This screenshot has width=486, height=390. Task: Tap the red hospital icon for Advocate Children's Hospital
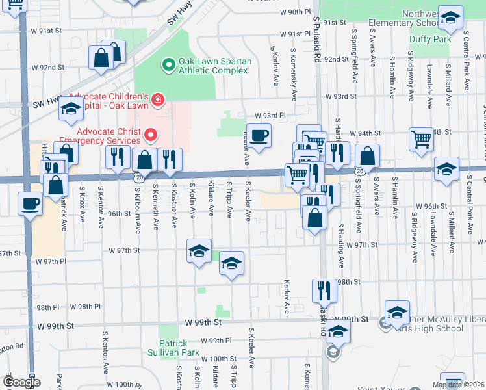(x=157, y=99)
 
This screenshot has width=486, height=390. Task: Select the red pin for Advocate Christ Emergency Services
(x=151, y=135)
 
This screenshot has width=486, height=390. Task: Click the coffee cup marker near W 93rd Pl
(x=259, y=135)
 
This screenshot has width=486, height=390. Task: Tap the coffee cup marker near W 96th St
(x=30, y=204)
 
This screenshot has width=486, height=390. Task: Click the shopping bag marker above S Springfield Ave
(x=367, y=156)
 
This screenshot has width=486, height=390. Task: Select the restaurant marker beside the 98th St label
(x=324, y=290)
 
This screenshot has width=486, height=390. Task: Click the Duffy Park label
(x=430, y=39)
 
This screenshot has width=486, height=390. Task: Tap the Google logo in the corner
(x=21, y=382)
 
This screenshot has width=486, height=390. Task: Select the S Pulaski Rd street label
(x=316, y=39)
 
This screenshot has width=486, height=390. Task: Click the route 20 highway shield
(x=138, y=176)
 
